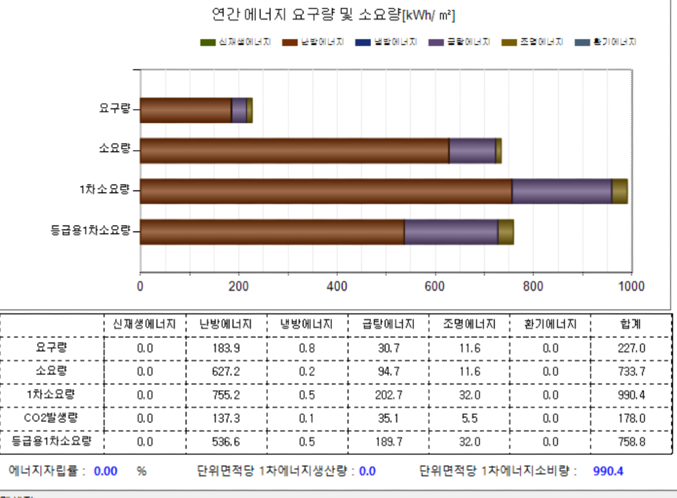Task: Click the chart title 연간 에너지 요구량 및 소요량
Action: coord(333,15)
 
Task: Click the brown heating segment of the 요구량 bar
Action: coord(186,110)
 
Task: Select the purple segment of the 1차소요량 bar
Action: coord(562,191)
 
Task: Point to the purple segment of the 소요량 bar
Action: coord(472,151)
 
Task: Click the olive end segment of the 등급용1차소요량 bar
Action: coord(506,231)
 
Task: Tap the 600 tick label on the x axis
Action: coord(435,286)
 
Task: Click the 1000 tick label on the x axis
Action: coord(631,286)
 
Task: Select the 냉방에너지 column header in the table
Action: coord(306,325)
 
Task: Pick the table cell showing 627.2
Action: coord(225,371)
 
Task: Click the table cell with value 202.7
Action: coord(387,395)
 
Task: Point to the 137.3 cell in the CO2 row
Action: coord(225,418)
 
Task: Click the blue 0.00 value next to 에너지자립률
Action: coord(106,471)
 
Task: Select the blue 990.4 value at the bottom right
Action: coord(609,471)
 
